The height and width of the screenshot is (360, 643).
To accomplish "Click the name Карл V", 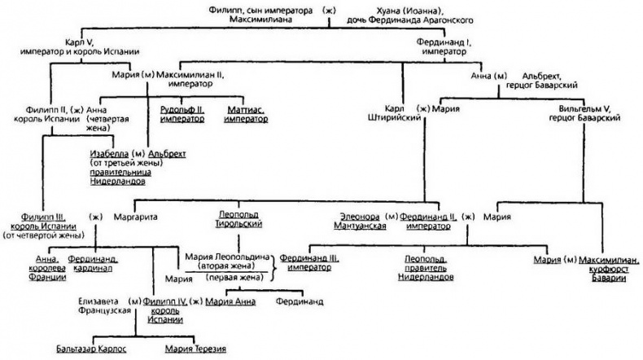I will [77, 41].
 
